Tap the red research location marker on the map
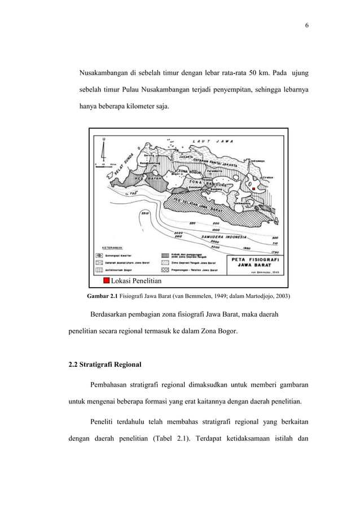254,188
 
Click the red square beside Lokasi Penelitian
106,280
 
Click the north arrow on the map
103,150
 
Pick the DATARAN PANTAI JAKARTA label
207,160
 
